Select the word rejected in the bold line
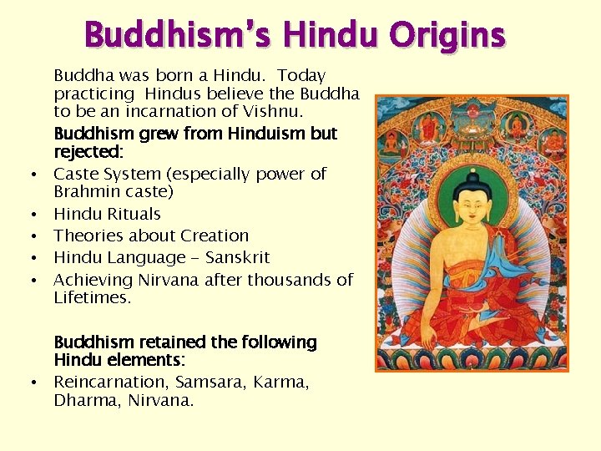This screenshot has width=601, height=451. [87, 152]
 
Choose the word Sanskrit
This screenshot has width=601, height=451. [235, 257]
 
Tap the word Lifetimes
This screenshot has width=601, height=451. [91, 297]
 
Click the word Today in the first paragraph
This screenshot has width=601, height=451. [301, 75]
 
